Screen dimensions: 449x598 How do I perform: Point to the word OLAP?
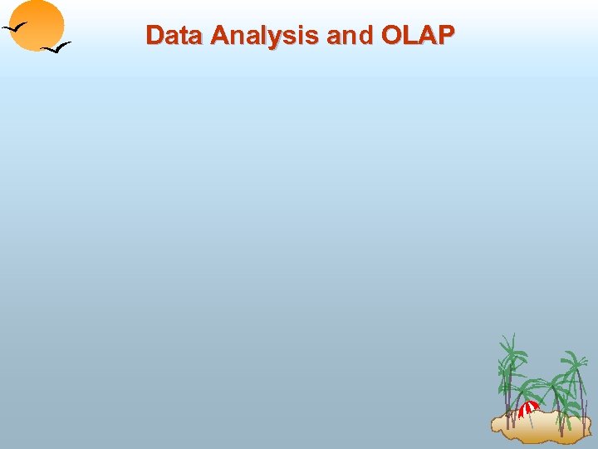[418, 35]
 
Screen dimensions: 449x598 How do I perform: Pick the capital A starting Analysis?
[220, 35]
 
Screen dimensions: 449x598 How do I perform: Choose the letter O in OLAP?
[393, 35]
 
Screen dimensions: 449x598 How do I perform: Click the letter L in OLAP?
[411, 35]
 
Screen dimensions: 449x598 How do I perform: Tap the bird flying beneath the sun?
[56, 47]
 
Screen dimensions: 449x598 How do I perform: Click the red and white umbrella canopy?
[528, 407]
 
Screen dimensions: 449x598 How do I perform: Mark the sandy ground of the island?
[540, 427]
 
